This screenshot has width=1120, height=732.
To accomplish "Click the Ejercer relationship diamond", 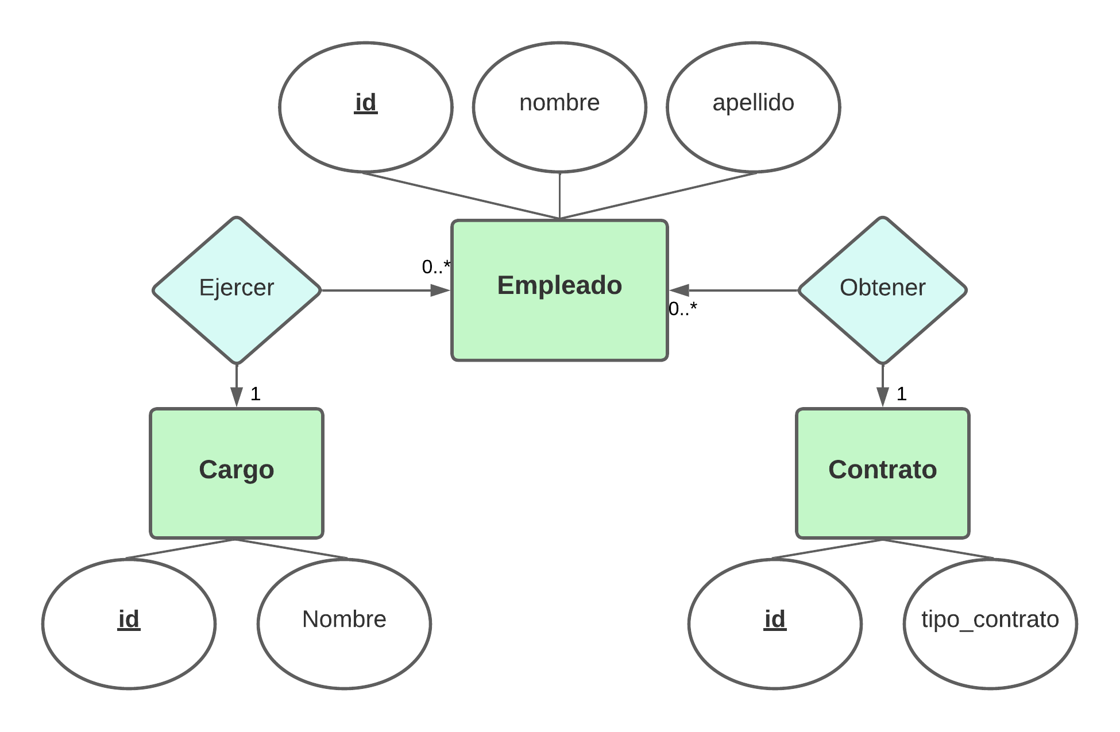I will click(236, 290).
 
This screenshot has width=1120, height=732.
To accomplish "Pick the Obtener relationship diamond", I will click(882, 290).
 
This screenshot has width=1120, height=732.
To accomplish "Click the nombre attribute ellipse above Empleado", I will click(559, 107).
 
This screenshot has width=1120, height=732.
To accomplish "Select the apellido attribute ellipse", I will click(753, 107).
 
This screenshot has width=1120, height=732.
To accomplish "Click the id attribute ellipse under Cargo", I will click(129, 623).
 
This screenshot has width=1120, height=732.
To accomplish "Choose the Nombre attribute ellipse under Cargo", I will click(344, 623).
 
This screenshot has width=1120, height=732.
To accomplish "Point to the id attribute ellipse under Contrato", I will click(775, 623).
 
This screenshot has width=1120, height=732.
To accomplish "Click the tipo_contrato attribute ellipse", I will click(990, 623).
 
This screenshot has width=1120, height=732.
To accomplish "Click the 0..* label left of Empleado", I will click(436, 267).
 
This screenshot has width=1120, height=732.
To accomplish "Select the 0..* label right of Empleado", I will click(683, 309).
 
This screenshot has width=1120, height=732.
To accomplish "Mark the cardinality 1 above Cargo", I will click(256, 394).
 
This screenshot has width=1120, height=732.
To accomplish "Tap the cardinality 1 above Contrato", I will click(902, 394).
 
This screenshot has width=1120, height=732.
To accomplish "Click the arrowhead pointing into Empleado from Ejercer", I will click(441, 291).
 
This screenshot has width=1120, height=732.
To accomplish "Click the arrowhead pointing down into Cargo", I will click(236, 397).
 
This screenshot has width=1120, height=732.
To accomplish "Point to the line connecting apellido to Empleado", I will click(659, 195).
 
